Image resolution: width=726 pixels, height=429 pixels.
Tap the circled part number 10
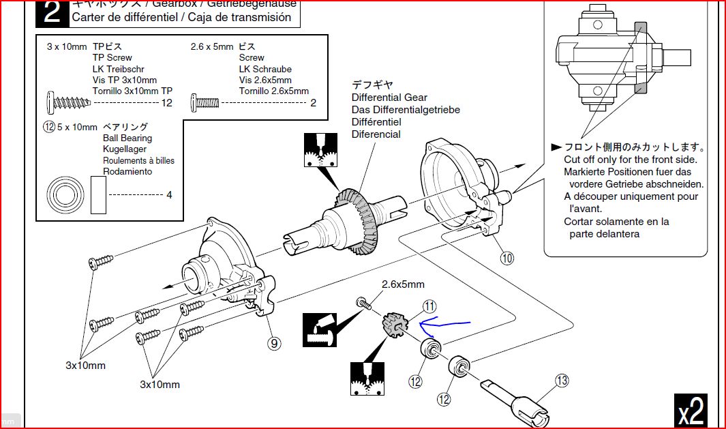pos(506,258)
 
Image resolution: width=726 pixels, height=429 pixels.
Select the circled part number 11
pos(429,306)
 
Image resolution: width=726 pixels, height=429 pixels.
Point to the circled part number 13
pos(561,381)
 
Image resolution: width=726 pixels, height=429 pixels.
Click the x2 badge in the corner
pos(691,411)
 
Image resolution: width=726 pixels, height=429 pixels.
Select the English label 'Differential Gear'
pos(389,98)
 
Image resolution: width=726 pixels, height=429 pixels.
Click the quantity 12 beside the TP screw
pos(167,103)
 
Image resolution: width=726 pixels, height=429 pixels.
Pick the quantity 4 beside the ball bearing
pos(169,195)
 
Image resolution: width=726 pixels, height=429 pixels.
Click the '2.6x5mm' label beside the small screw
pos(403,284)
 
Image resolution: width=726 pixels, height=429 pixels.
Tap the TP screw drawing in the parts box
pos(67,103)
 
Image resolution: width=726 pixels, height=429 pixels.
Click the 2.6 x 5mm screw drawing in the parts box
pos(205,103)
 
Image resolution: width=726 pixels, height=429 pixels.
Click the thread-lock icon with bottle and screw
pos(320,329)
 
